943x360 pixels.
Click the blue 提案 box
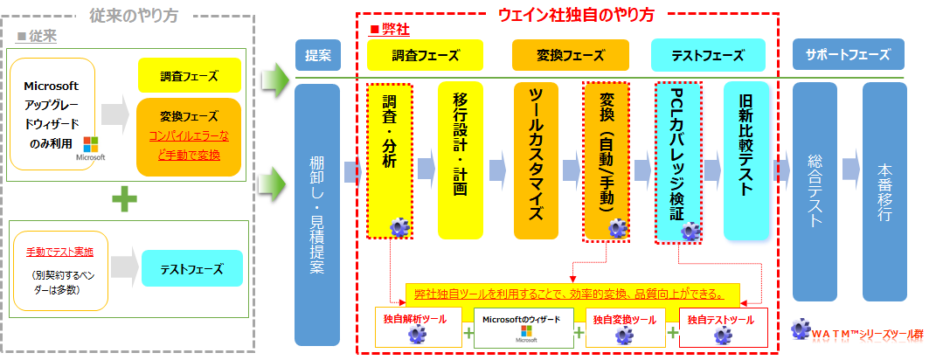(x=317, y=55)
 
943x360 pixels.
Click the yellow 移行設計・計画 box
(x=460, y=160)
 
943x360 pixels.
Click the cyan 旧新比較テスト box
(x=746, y=160)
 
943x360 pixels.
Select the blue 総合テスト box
(x=815, y=192)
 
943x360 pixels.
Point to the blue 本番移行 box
(x=884, y=192)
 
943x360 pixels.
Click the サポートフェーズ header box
(x=848, y=55)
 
